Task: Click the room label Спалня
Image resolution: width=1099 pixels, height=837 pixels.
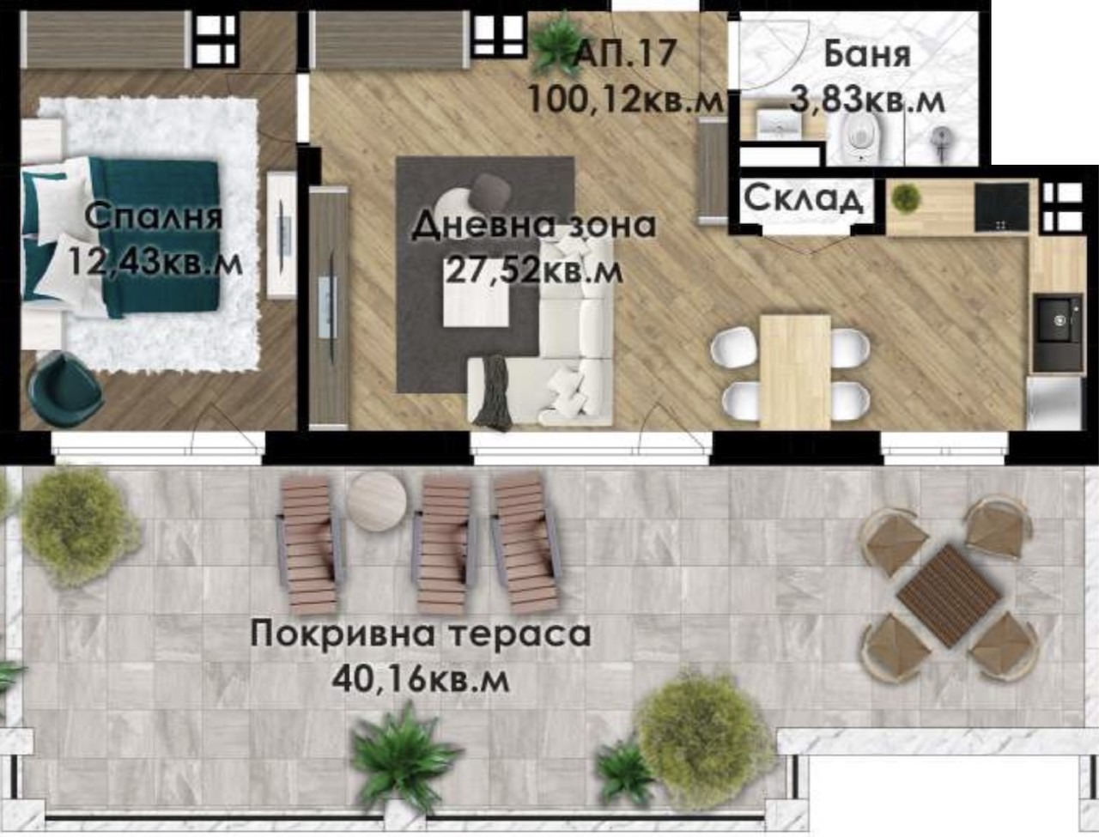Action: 154,215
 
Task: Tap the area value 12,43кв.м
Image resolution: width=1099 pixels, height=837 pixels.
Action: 154,261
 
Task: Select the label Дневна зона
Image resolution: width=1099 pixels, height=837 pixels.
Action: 533,225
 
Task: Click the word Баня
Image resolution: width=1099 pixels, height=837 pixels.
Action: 866,54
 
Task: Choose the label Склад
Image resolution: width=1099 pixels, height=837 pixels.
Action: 803,198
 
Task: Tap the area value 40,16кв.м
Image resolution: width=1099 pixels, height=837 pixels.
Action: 421,680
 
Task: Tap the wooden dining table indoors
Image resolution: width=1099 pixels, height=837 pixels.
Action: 795,370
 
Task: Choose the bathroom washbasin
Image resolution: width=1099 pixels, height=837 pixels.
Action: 780,124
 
